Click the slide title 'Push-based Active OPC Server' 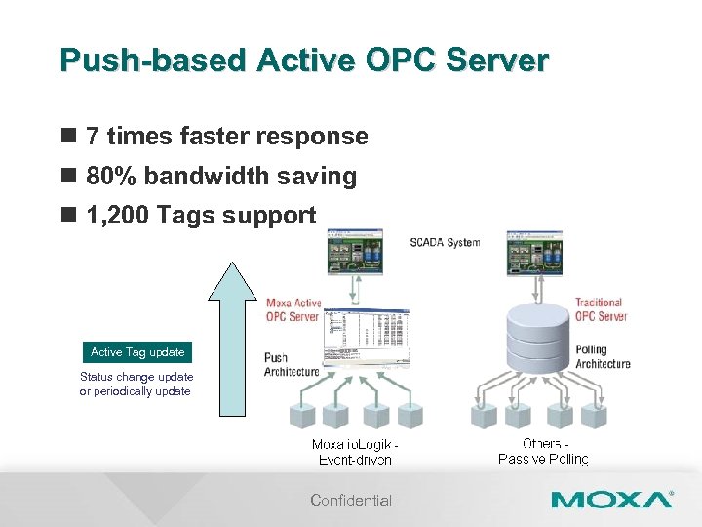coord(304,61)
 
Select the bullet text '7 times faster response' coord(226,137)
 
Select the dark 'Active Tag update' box coord(136,352)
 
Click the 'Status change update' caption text coord(136,377)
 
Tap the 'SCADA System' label coord(445,242)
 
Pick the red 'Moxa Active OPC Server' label coord(293,309)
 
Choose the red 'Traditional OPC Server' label coord(601,309)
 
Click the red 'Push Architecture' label coord(291,364)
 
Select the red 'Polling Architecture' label coord(603,356)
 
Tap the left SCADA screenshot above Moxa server coord(355,252)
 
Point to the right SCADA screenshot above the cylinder coord(534,252)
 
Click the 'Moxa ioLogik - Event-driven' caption coord(355,452)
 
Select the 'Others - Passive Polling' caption coord(544,452)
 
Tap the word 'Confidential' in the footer coord(351,501)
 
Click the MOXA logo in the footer coord(611,500)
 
